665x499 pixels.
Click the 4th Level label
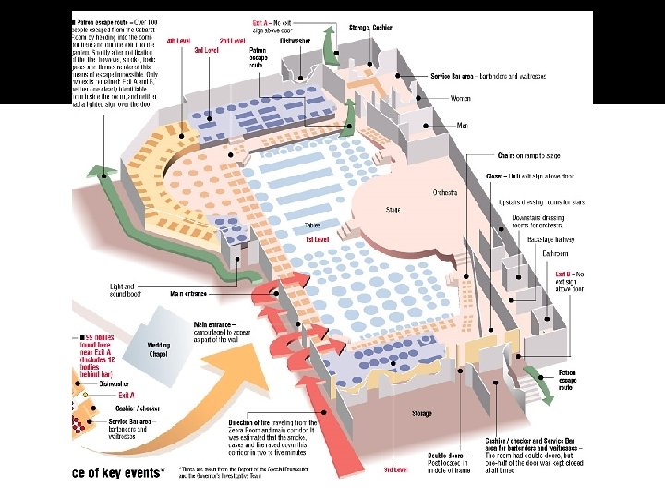click(x=178, y=42)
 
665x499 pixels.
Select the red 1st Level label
click(x=318, y=239)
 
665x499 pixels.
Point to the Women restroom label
click(x=459, y=98)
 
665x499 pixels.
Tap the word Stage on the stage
click(x=393, y=210)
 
